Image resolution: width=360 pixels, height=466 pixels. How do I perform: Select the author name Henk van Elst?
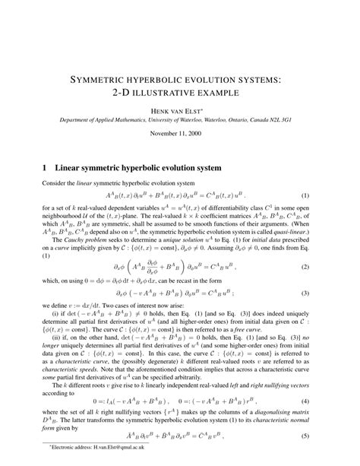pos(180,110)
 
